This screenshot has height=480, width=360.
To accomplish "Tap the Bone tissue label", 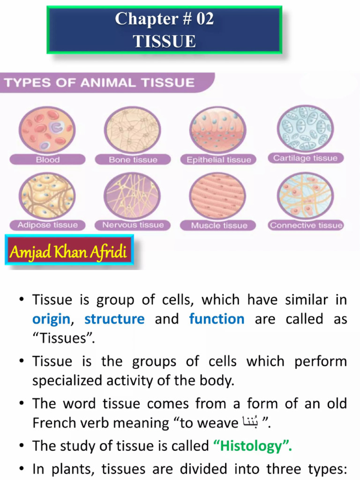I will [x=133, y=160].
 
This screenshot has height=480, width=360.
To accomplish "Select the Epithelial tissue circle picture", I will [x=218, y=129].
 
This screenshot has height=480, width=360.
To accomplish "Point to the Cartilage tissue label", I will [x=305, y=158].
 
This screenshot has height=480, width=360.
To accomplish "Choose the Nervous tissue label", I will [x=133, y=225].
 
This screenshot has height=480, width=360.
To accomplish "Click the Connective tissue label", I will [x=306, y=225].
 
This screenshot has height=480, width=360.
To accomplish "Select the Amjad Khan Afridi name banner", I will [x=68, y=253].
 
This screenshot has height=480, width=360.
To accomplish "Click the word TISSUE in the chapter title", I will [x=164, y=41].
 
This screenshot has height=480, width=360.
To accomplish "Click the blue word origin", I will [x=51, y=319].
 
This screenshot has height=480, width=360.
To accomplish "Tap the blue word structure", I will [x=114, y=319].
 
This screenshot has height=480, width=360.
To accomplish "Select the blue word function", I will [x=217, y=319].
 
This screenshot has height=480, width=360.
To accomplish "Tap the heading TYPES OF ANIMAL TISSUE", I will [x=99, y=83].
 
